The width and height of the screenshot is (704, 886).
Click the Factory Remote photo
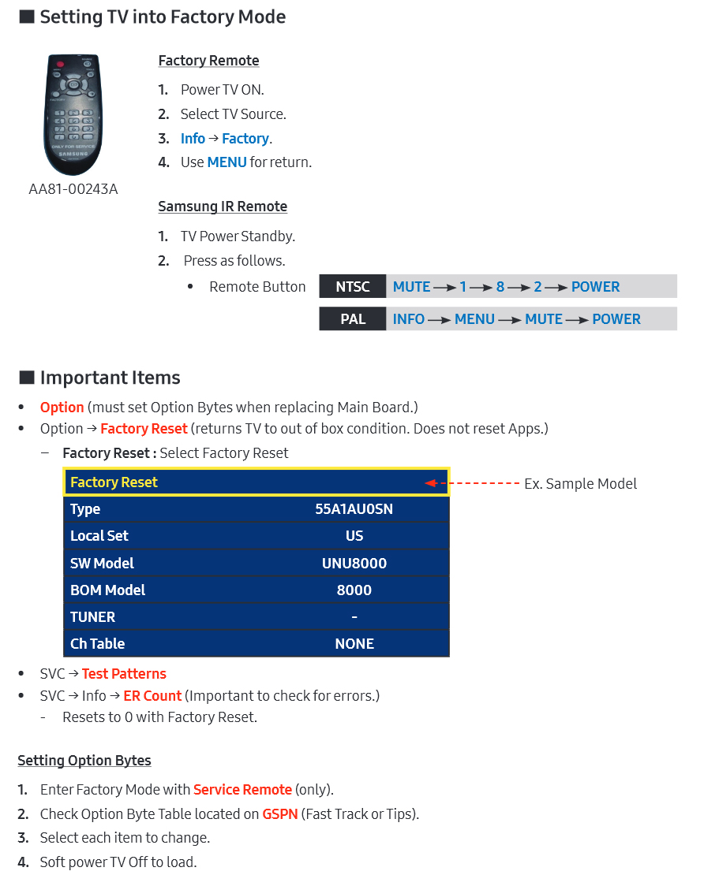[73, 114]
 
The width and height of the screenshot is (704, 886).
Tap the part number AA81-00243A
[73, 189]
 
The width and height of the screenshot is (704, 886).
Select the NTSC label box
[352, 287]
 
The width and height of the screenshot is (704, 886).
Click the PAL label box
[352, 319]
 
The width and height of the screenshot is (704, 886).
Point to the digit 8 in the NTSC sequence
[500, 287]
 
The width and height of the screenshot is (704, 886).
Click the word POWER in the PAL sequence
[616, 319]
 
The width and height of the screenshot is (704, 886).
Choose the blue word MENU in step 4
[227, 162]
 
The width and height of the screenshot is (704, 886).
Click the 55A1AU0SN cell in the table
[354, 509]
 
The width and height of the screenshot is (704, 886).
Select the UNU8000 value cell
[354, 564]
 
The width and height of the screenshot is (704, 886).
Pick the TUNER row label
[92, 617]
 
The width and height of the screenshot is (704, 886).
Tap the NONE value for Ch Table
[354, 644]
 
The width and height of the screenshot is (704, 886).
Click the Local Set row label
[99, 536]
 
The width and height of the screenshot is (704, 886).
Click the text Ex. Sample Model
[580, 484]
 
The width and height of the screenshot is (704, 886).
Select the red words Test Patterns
[124, 674]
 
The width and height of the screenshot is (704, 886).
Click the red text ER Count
[152, 696]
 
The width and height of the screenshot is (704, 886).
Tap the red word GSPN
[280, 814]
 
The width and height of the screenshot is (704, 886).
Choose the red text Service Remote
[242, 790]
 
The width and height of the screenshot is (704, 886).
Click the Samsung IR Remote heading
[223, 207]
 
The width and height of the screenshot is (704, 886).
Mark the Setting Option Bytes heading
[84, 761]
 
